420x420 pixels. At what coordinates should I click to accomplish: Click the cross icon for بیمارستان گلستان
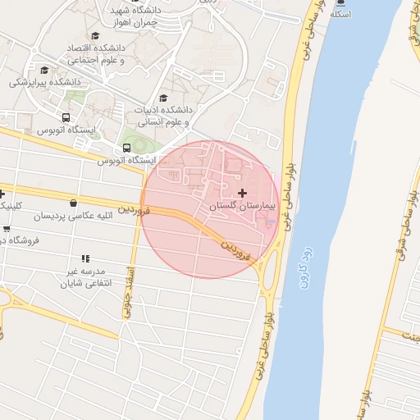[241, 192]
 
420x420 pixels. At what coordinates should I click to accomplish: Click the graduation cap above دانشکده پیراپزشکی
[43, 70]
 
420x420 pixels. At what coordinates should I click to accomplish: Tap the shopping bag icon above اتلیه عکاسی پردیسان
[74, 203]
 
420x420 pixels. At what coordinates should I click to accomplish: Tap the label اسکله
[340, 15]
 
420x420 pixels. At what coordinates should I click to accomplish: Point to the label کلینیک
[10, 204]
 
